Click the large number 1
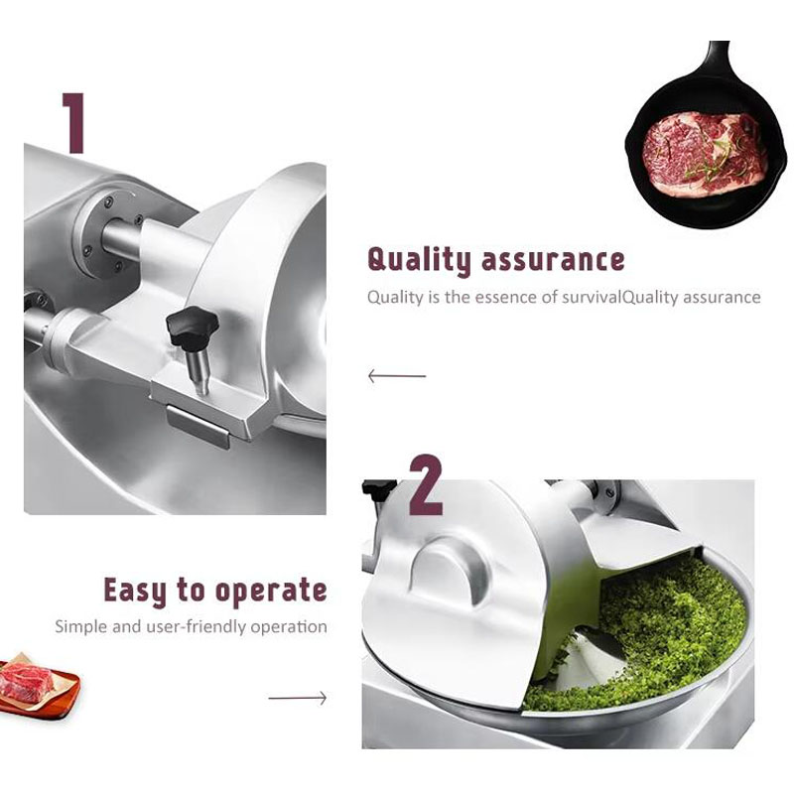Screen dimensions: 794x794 (73, 122)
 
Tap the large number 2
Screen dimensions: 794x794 (426, 484)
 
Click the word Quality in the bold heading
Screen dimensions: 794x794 (419, 260)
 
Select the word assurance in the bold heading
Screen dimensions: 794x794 (553, 260)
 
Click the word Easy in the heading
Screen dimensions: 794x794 (135, 591)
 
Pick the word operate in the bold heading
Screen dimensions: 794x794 (271, 592)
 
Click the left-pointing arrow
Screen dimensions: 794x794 (397, 376)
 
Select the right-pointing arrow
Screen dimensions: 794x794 (298, 699)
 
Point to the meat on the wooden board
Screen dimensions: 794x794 (27, 681)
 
